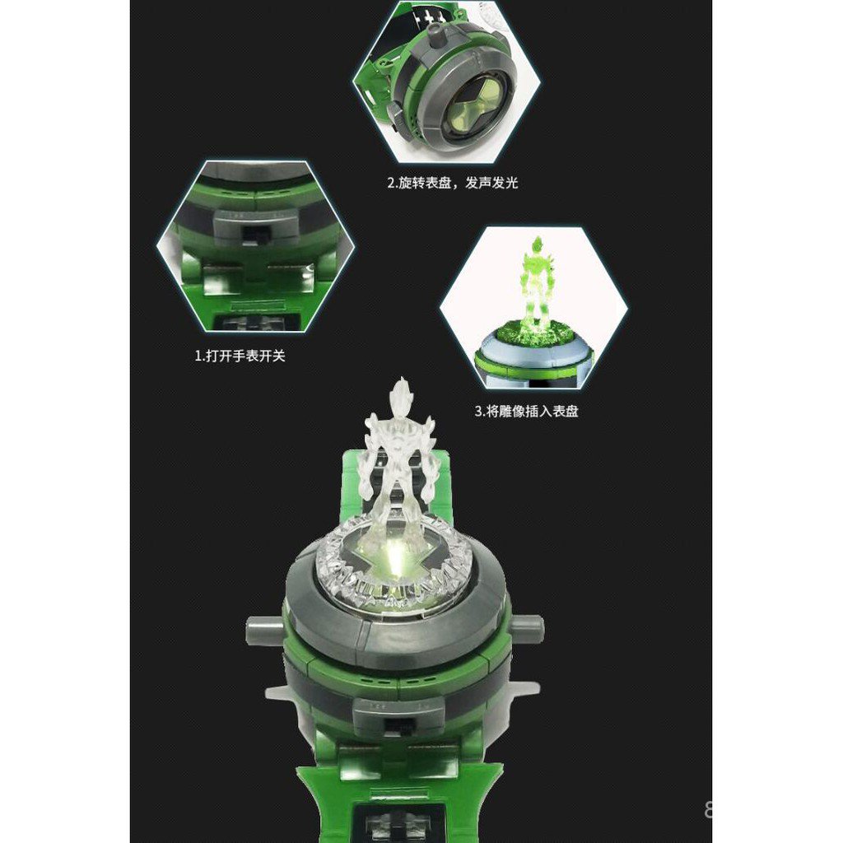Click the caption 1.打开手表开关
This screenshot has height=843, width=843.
[240, 356]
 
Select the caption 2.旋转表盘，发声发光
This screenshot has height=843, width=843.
[453, 183]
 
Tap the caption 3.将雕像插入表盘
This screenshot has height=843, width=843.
[525, 411]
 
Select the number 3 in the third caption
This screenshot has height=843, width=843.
[477, 411]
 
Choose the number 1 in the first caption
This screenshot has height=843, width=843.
[198, 356]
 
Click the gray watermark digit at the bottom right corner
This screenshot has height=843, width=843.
[708, 811]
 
